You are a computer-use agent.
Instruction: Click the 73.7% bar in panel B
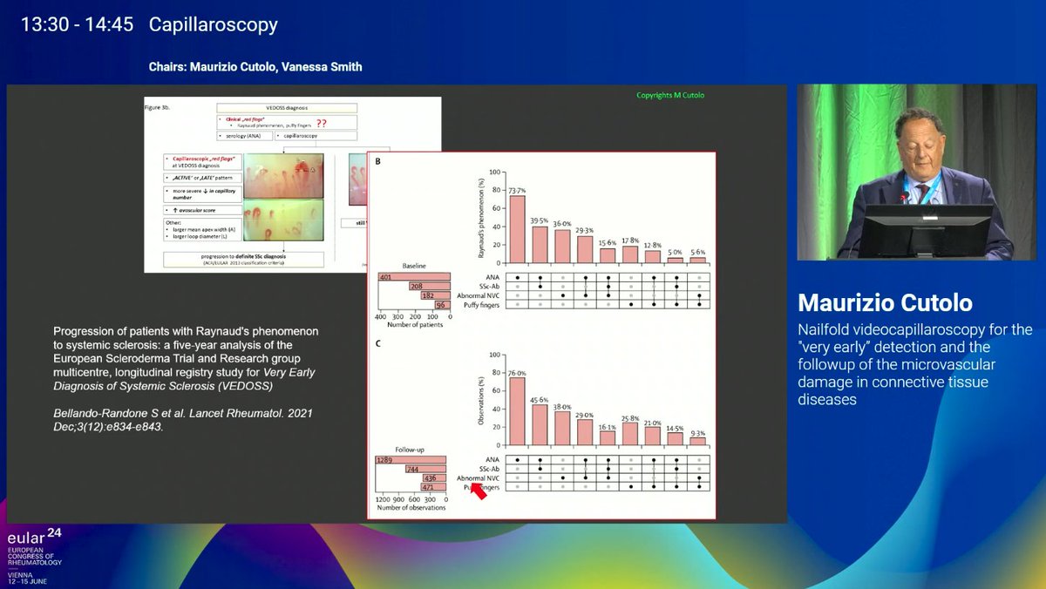(518, 229)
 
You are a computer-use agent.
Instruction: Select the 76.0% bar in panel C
(518, 411)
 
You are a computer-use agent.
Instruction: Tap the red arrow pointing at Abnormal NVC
(477, 490)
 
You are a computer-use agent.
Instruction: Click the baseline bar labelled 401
(414, 277)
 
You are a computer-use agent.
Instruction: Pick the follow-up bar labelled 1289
(411, 460)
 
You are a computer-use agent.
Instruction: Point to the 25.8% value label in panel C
(629, 418)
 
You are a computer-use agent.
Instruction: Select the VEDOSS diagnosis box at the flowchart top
(287, 107)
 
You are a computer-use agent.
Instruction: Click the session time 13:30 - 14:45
(78, 24)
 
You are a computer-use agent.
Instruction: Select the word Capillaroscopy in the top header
(214, 24)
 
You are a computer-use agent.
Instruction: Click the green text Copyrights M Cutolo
(669, 95)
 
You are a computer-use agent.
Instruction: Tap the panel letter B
(377, 162)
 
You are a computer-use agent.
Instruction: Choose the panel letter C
(377, 342)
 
